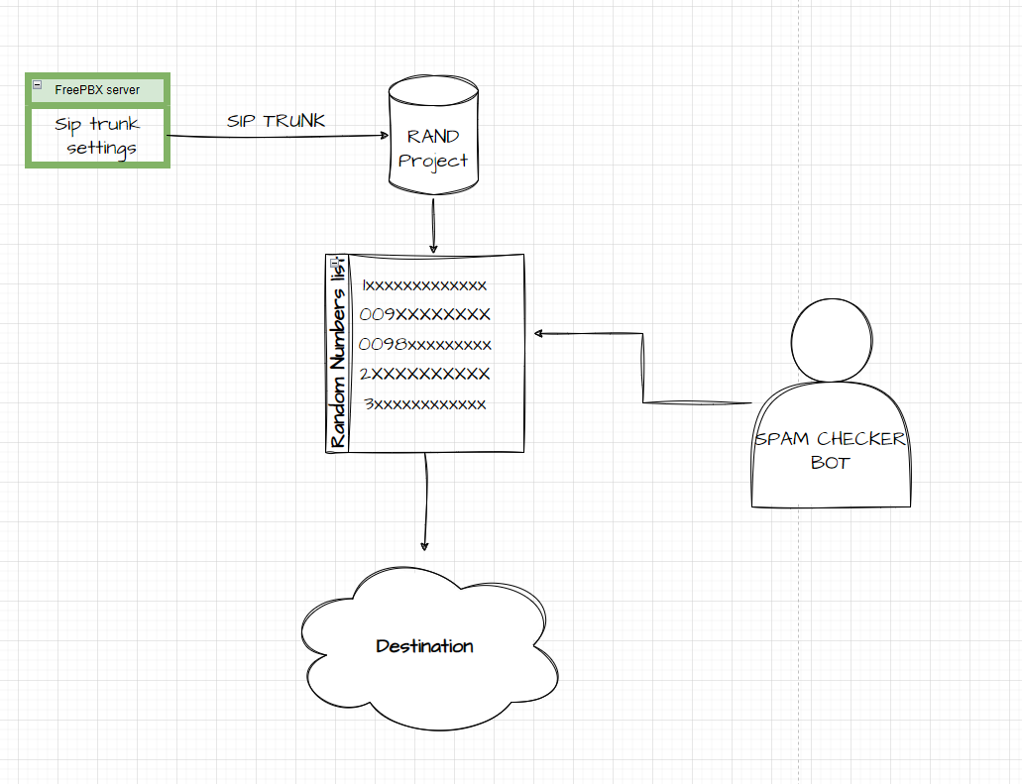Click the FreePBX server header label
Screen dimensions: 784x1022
coord(97,90)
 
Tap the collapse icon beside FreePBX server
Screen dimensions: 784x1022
coord(37,86)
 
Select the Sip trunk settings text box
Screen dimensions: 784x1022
coord(97,137)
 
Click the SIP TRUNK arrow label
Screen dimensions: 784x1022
coord(276,122)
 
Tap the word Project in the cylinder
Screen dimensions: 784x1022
coord(433,161)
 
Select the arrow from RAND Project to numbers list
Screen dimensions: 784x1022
coord(433,226)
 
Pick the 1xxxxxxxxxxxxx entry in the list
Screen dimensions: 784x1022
coord(424,286)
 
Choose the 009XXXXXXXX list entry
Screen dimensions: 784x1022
coord(424,315)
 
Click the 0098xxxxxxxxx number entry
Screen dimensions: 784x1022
coord(424,345)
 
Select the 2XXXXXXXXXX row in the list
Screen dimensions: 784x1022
coord(424,374)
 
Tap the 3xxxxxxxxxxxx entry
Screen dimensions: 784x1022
coord(424,404)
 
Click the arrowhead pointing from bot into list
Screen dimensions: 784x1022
coord(538,334)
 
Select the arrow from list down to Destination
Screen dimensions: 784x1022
coord(425,501)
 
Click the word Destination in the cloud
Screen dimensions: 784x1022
coord(424,646)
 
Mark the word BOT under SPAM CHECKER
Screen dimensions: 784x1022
coord(830,463)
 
